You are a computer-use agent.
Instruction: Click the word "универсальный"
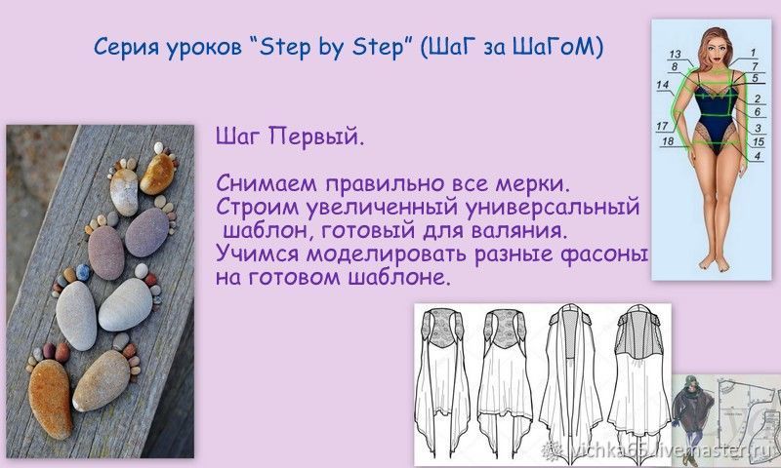tap(552, 208)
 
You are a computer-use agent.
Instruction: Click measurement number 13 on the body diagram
tap(675, 54)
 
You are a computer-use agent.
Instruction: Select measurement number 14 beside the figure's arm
tap(662, 85)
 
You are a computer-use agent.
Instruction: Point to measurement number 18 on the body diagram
tap(668, 141)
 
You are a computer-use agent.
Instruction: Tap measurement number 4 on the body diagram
tap(758, 156)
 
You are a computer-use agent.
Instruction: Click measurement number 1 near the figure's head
tap(753, 53)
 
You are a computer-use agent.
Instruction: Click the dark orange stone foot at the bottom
tap(50, 399)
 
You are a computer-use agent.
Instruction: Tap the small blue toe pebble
tap(83, 272)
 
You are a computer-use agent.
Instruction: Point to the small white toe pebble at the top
tap(158, 147)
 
